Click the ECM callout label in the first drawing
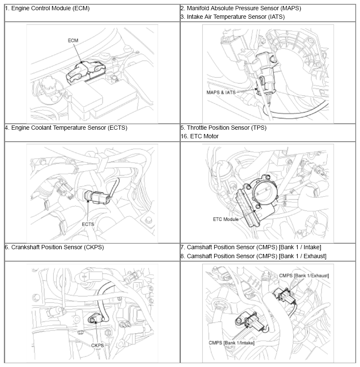click(x=73, y=41)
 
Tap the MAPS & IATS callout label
click(x=221, y=93)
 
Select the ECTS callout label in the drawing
click(x=88, y=224)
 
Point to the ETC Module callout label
click(x=226, y=219)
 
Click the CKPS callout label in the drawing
click(x=97, y=346)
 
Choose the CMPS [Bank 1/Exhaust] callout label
click(x=304, y=276)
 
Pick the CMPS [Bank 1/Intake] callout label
click(x=231, y=343)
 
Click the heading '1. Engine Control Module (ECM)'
click(x=47, y=9)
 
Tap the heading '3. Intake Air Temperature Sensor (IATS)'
click(x=232, y=17)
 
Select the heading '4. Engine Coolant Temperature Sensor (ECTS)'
click(x=66, y=128)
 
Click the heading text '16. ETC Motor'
click(x=200, y=136)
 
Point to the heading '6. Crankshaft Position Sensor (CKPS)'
click(x=54, y=248)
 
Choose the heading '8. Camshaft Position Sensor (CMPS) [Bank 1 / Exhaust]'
click(x=253, y=256)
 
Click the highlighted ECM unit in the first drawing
click(x=86, y=71)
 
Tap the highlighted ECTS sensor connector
click(x=97, y=197)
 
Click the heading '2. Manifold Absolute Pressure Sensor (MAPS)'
click(x=241, y=9)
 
